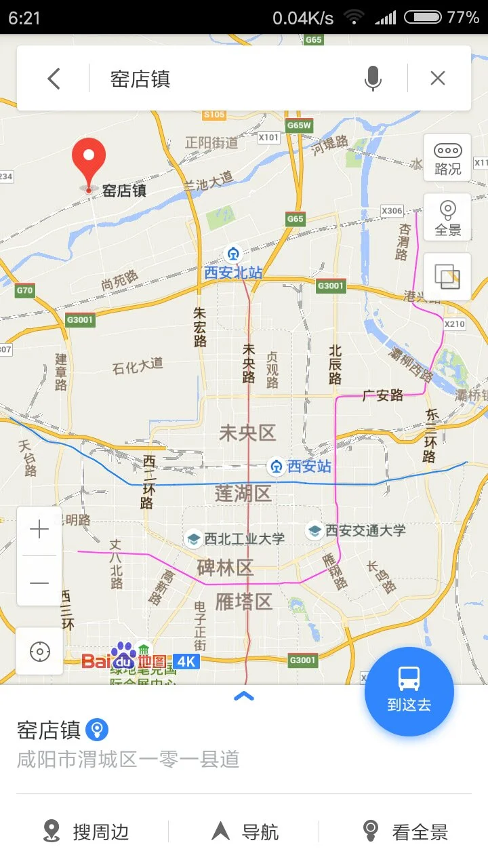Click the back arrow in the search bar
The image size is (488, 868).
[x=54, y=79]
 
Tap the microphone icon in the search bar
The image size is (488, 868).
[x=372, y=79]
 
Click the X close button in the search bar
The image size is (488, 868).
[x=438, y=79]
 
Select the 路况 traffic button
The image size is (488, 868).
[x=447, y=158]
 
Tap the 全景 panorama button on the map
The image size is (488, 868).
[x=447, y=218]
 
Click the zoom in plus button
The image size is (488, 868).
[x=39, y=530]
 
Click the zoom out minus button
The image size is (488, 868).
[x=39, y=582]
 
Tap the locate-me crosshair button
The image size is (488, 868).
[x=39, y=652]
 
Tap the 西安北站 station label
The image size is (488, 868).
[x=233, y=273]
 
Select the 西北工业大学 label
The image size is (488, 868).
[x=244, y=538]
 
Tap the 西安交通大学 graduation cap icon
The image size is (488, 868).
[x=314, y=530]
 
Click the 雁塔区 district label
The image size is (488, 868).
[x=243, y=601]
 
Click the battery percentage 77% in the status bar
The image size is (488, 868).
[x=463, y=18]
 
